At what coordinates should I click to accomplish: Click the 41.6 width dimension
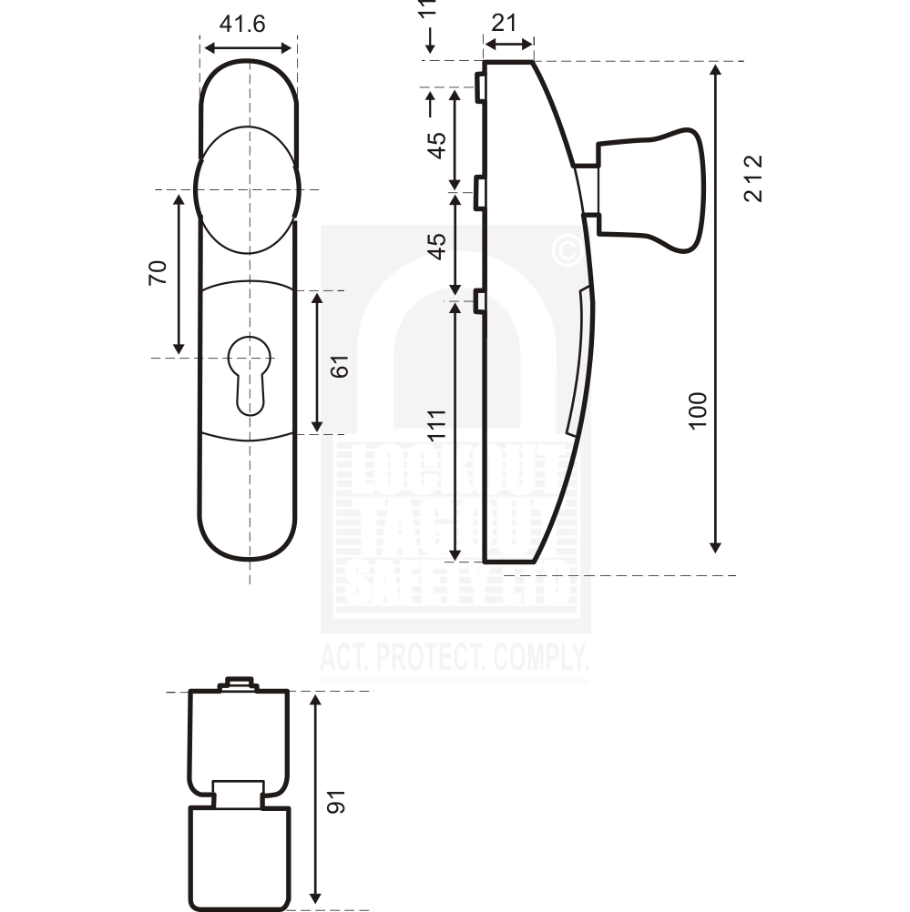242,25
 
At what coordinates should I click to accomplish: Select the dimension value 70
158,272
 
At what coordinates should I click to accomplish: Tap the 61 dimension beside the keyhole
340,366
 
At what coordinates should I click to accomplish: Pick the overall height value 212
752,178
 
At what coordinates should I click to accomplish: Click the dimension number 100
698,411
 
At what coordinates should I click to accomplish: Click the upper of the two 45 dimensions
437,145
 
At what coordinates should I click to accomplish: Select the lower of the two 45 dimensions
437,246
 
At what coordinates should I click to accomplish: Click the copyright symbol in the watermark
567,249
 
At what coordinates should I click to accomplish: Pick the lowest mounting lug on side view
477,299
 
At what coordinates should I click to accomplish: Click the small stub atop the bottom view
239,683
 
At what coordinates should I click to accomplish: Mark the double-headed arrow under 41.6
249,47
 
